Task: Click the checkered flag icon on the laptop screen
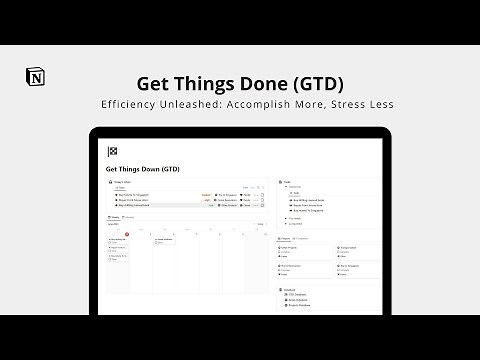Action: coord(112,152)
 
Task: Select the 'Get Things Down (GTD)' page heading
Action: coord(142,169)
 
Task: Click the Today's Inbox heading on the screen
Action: coord(122,184)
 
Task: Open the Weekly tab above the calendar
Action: coord(117,216)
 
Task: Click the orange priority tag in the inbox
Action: coord(206,194)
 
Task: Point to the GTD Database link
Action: coord(303,295)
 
